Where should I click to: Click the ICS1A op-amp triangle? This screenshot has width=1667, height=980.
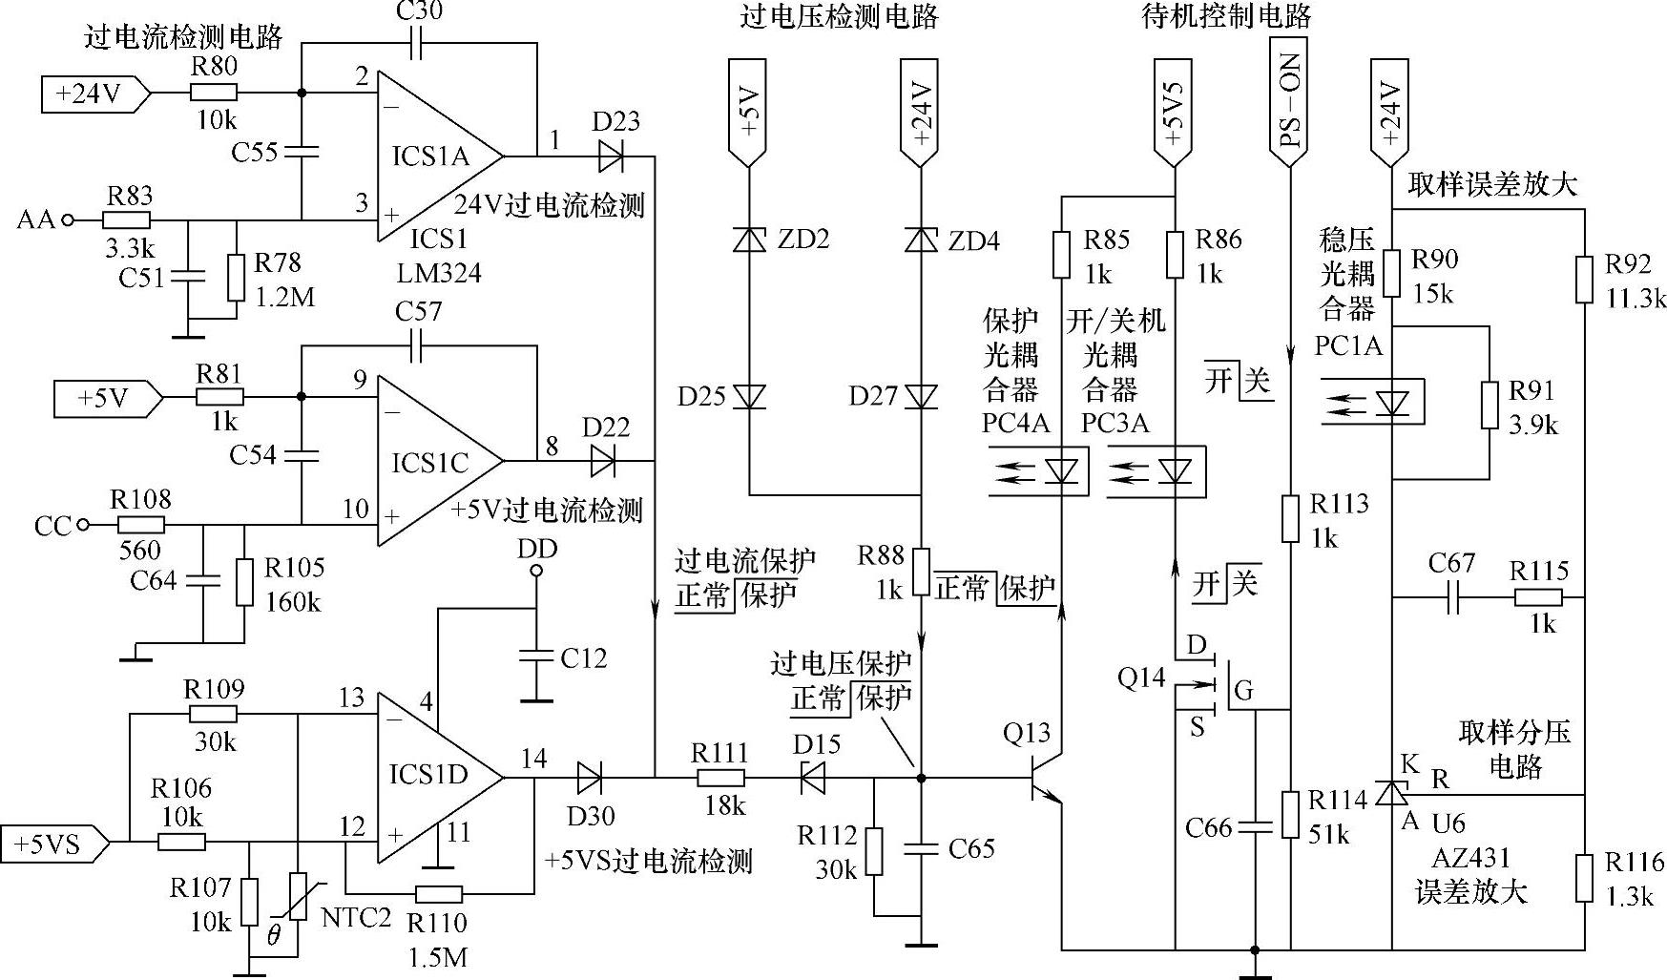coord(434,156)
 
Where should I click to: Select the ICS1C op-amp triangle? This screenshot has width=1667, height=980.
coord(434,462)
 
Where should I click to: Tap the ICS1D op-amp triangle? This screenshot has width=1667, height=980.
coord(434,775)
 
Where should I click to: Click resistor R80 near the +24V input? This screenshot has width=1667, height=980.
coord(214,93)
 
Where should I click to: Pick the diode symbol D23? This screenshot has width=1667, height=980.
coord(612,156)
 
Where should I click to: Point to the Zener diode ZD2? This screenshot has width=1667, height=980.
coord(749,240)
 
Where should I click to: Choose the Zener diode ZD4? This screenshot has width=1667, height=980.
coord(921,240)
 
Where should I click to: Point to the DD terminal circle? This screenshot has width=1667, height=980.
coord(535,572)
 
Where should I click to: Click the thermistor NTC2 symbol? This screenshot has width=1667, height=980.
coord(299,897)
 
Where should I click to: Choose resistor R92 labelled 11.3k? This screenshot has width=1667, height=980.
coord(1584,279)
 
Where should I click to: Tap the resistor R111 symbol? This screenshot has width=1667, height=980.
coord(720,778)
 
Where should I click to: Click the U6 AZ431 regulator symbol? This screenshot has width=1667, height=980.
coord(1392,793)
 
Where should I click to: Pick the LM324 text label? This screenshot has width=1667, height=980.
coord(439,273)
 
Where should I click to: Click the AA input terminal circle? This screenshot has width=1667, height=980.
coord(67,219)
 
